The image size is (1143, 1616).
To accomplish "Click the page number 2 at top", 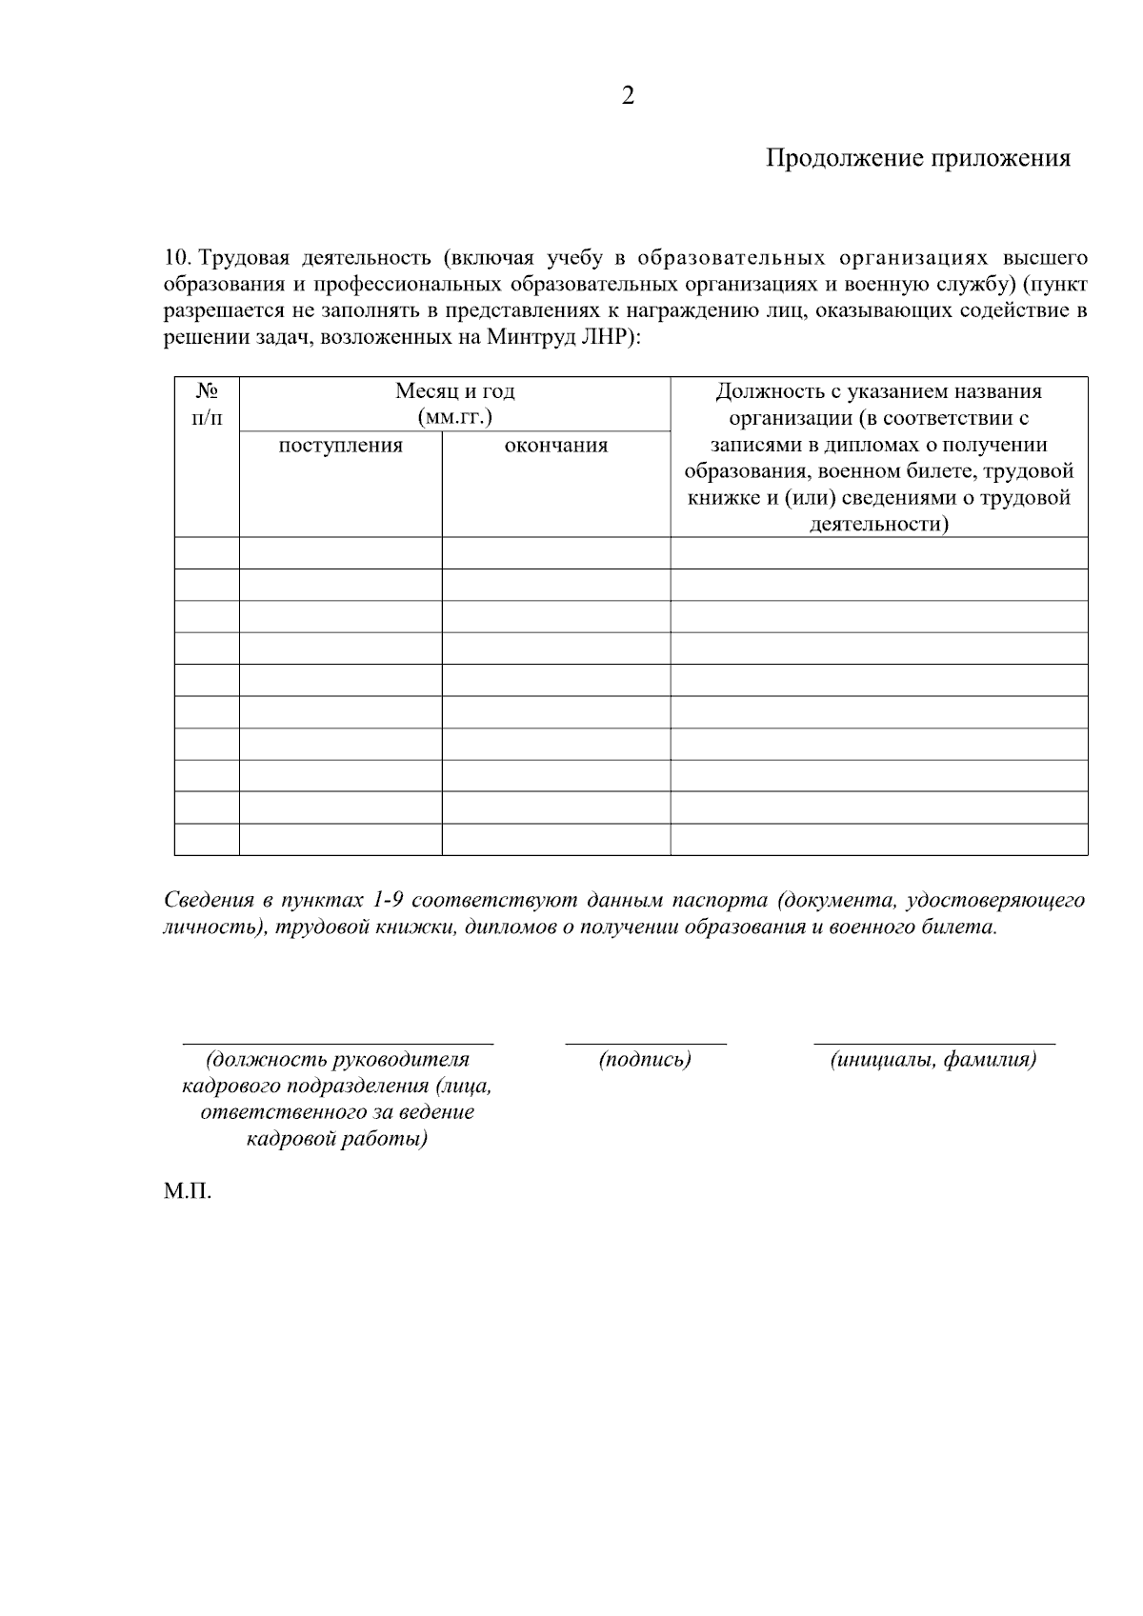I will (627, 96).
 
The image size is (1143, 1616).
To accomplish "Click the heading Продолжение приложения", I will (918, 158).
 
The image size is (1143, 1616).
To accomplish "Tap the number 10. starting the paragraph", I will (178, 258).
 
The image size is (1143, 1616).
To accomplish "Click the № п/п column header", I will (207, 404).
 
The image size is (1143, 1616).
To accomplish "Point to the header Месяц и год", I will (454, 391).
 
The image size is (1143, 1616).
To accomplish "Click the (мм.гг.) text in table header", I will (454, 417).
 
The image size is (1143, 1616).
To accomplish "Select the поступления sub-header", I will (340, 446).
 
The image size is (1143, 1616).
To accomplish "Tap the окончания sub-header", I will (555, 446).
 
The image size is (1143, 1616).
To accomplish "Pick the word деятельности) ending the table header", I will (879, 524).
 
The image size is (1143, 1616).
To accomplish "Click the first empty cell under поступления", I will (340, 553).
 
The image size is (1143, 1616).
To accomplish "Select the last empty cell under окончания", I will (555, 839).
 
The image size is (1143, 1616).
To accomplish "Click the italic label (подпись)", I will (645, 1059).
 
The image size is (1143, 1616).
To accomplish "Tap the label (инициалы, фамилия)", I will (933, 1059).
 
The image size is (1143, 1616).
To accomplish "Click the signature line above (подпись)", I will (645, 1044).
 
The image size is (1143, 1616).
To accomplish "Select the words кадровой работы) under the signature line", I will (337, 1139).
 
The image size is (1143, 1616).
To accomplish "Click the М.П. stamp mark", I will (187, 1191).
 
